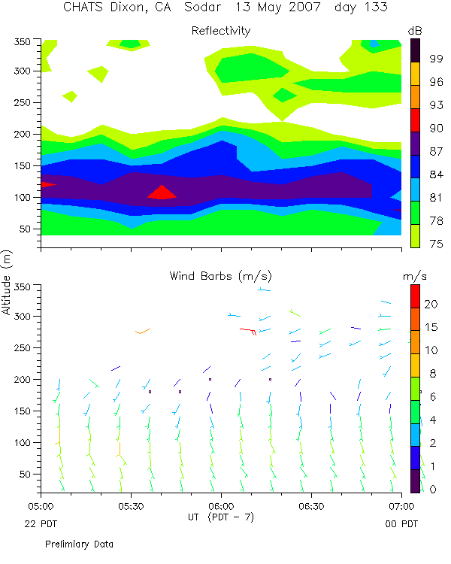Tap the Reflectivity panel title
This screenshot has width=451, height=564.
pyautogui.click(x=221, y=31)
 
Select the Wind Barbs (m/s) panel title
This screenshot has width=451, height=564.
pyautogui.click(x=220, y=277)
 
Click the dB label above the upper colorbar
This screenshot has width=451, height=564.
pyautogui.click(x=414, y=30)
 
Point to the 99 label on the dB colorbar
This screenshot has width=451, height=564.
pyautogui.click(x=415, y=57)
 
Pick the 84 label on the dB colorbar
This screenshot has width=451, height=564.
pyautogui.click(x=415, y=174)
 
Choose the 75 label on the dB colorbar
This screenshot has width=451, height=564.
pyautogui.click(x=415, y=244)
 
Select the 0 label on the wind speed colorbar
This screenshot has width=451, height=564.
pyautogui.click(x=413, y=490)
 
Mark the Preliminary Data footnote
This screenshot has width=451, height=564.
pyautogui.click(x=79, y=543)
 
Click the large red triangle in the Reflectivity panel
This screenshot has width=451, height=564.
pyautogui.click(x=162, y=193)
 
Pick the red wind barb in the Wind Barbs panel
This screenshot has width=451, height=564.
pyautogui.click(x=250, y=330)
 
